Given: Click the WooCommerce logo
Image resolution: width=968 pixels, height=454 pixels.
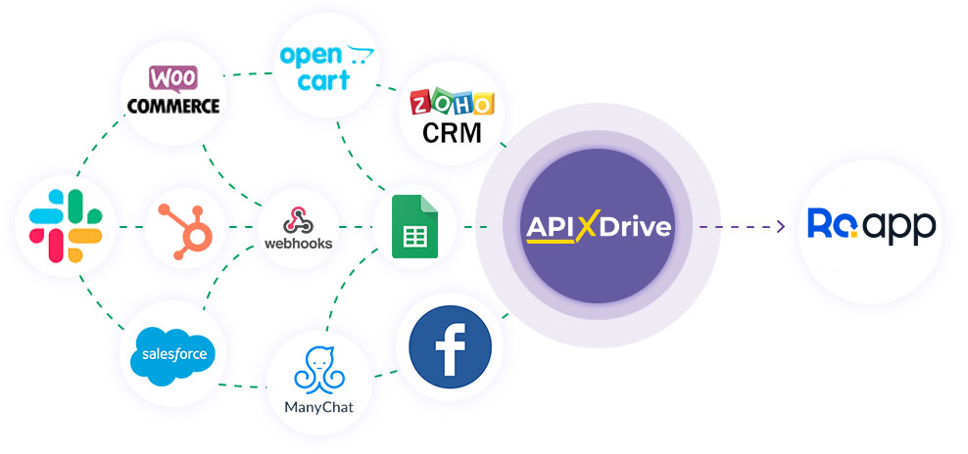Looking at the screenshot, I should [171, 91].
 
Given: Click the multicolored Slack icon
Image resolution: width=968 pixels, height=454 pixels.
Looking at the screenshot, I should [66, 227].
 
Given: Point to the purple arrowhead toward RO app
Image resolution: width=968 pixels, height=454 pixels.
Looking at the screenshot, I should [780, 227].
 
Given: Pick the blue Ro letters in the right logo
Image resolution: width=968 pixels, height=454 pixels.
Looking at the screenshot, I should [829, 224].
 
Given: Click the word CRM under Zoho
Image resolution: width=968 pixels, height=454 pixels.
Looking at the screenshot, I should [452, 132].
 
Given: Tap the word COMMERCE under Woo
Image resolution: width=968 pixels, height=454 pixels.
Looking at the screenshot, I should [172, 106].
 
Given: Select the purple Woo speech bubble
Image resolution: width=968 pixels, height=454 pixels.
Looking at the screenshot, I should [171, 77].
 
